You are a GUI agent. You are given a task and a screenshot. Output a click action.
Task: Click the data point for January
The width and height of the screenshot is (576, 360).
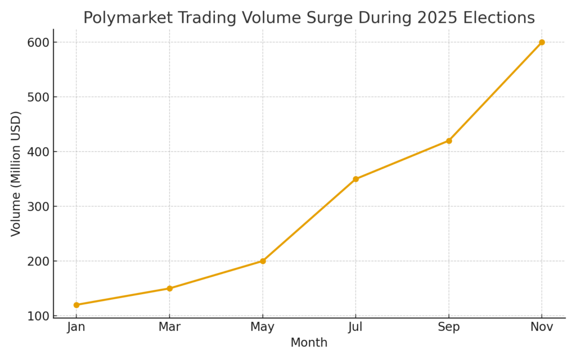(76, 305)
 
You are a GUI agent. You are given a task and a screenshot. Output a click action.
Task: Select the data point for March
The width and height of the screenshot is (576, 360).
(169, 289)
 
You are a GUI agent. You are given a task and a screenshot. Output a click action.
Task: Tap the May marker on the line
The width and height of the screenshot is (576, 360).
(263, 261)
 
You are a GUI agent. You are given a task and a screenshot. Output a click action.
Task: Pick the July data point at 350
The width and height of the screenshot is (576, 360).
(355, 179)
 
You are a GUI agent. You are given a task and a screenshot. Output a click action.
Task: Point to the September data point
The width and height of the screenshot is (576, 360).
(449, 141)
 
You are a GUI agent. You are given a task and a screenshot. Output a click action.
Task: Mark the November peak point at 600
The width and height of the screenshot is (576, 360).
(542, 42)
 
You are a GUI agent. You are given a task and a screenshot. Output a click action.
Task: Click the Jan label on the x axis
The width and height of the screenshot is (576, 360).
(76, 327)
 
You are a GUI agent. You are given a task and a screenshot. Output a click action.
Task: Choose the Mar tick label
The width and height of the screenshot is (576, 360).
(169, 327)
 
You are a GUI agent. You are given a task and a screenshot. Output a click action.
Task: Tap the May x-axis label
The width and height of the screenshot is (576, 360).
(263, 327)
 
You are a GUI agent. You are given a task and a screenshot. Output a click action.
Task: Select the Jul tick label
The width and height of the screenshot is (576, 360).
(355, 327)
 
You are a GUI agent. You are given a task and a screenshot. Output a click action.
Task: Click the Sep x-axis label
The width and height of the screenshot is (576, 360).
(449, 327)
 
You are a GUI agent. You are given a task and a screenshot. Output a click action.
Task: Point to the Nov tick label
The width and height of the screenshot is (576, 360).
(542, 327)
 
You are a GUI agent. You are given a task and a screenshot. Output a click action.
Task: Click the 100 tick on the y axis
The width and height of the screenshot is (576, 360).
(38, 316)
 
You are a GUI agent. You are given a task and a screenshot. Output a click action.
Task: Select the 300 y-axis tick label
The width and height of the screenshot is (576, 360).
(38, 206)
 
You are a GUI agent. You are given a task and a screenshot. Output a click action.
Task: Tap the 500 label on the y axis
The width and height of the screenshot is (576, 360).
(38, 97)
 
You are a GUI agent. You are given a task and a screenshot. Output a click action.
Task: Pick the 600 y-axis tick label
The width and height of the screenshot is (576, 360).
(38, 42)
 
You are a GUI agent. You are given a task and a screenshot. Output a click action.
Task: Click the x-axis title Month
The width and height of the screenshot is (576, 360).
(309, 343)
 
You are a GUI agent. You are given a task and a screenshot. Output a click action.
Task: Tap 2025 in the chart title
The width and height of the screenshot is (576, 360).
(434, 18)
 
